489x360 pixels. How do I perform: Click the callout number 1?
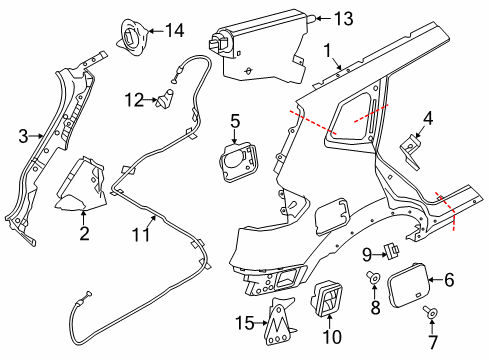tap(326, 49)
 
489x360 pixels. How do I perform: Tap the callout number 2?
tap(85, 234)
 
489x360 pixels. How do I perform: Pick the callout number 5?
tap(236, 124)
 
